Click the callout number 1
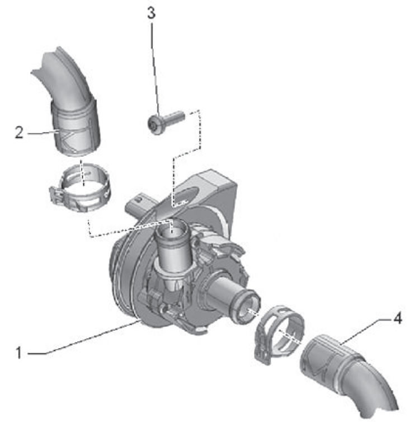(x=18, y=353)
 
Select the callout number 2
(x=19, y=133)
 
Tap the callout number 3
(x=152, y=13)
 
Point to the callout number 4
(x=398, y=318)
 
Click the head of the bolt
(x=154, y=124)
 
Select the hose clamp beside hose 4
(x=279, y=334)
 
